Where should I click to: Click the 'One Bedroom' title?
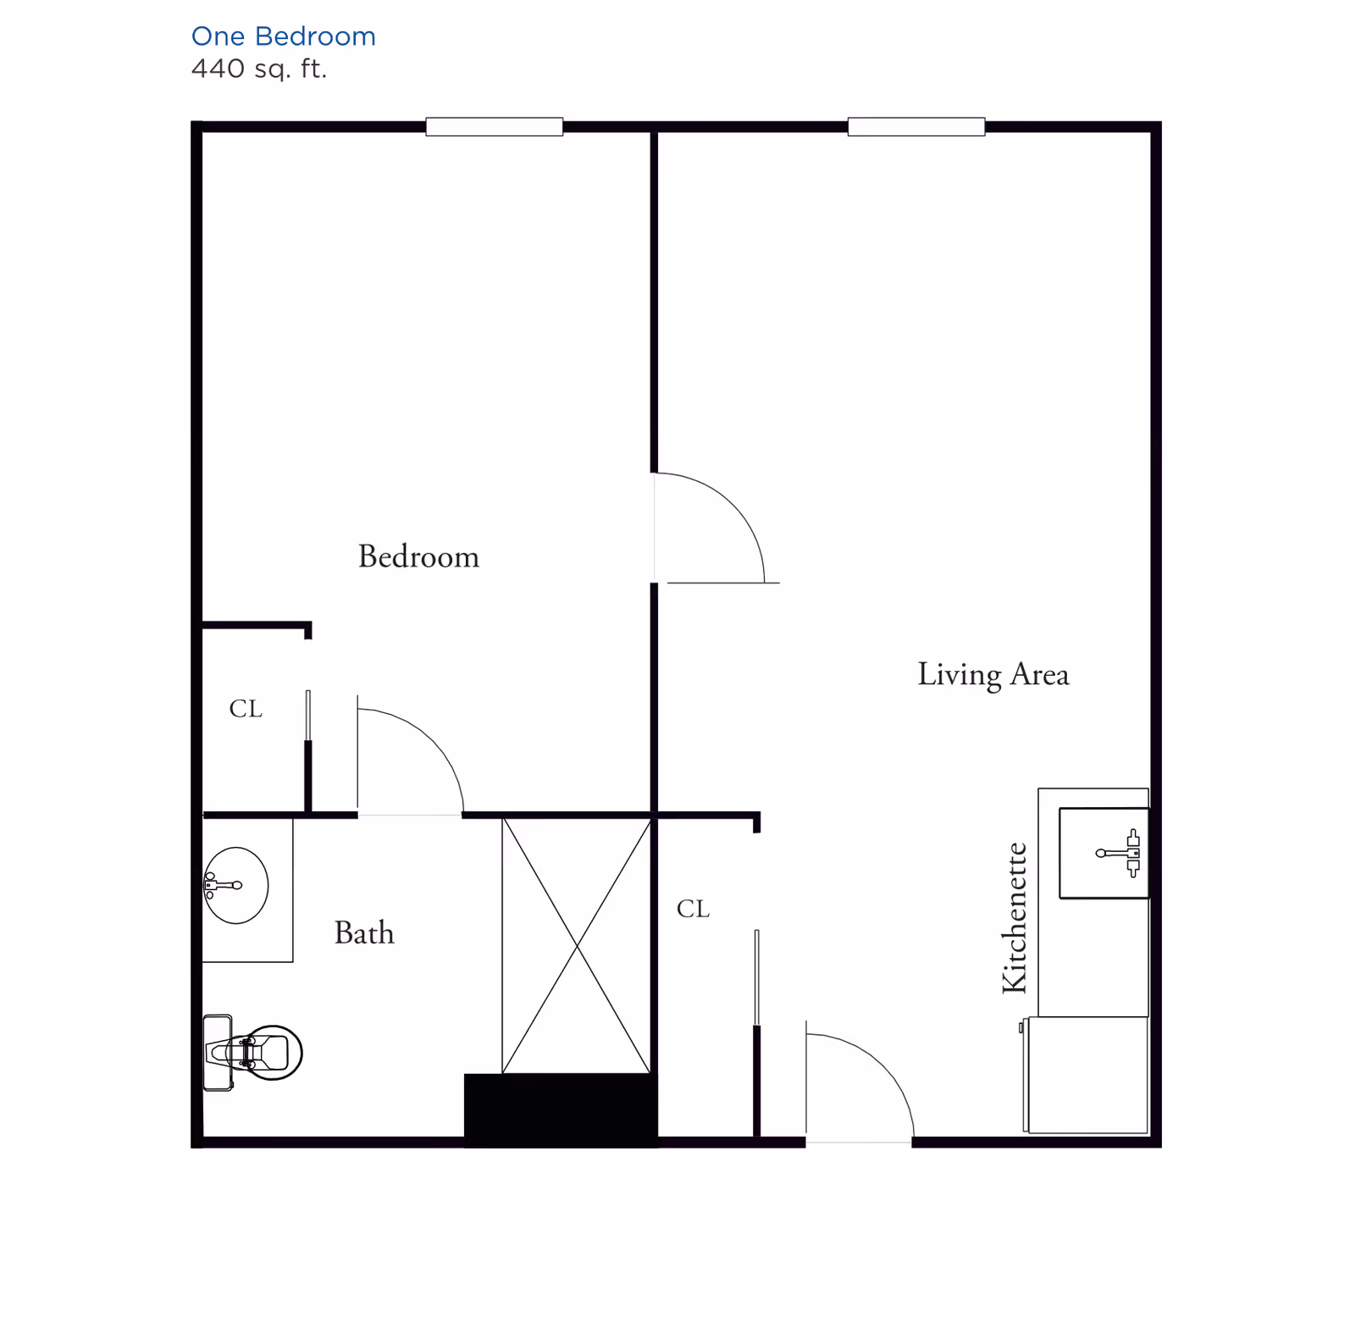pos(283,36)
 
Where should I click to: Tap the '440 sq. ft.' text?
pos(259,69)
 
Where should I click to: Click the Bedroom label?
pos(418,556)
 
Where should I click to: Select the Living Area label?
pos(993,675)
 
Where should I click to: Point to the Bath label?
pos(364,932)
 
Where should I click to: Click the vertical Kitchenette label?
pos(1014,917)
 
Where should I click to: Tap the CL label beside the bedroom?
pos(246,708)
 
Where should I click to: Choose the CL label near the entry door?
pos(693,909)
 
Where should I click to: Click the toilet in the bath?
pos(252,1053)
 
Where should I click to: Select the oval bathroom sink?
pos(236,885)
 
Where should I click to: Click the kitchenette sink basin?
pos(1103,853)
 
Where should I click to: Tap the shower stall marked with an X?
pos(577,945)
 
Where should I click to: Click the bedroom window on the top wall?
pos(495,127)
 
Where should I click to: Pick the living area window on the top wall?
pos(916,127)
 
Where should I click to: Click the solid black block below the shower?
pos(561,1110)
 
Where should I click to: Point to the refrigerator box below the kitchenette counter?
pos(1087,1075)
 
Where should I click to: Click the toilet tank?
pos(218,1053)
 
